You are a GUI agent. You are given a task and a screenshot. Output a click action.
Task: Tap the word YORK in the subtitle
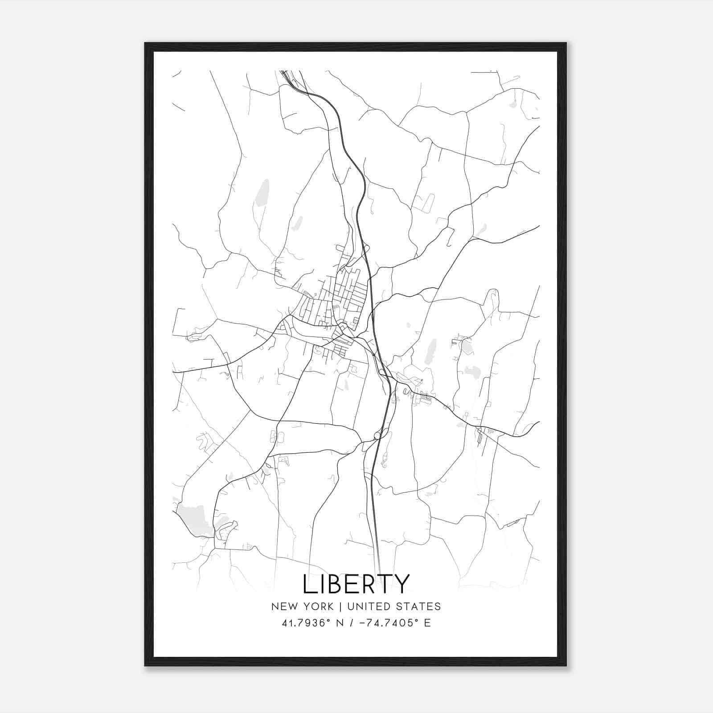(319, 606)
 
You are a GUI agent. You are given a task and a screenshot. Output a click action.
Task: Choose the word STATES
(419, 606)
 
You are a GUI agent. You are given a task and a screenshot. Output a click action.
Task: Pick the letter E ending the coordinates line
(427, 623)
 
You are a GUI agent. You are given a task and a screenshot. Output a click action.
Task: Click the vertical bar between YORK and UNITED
(340, 606)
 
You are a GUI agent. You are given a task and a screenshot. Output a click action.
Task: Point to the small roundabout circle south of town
(377, 435)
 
